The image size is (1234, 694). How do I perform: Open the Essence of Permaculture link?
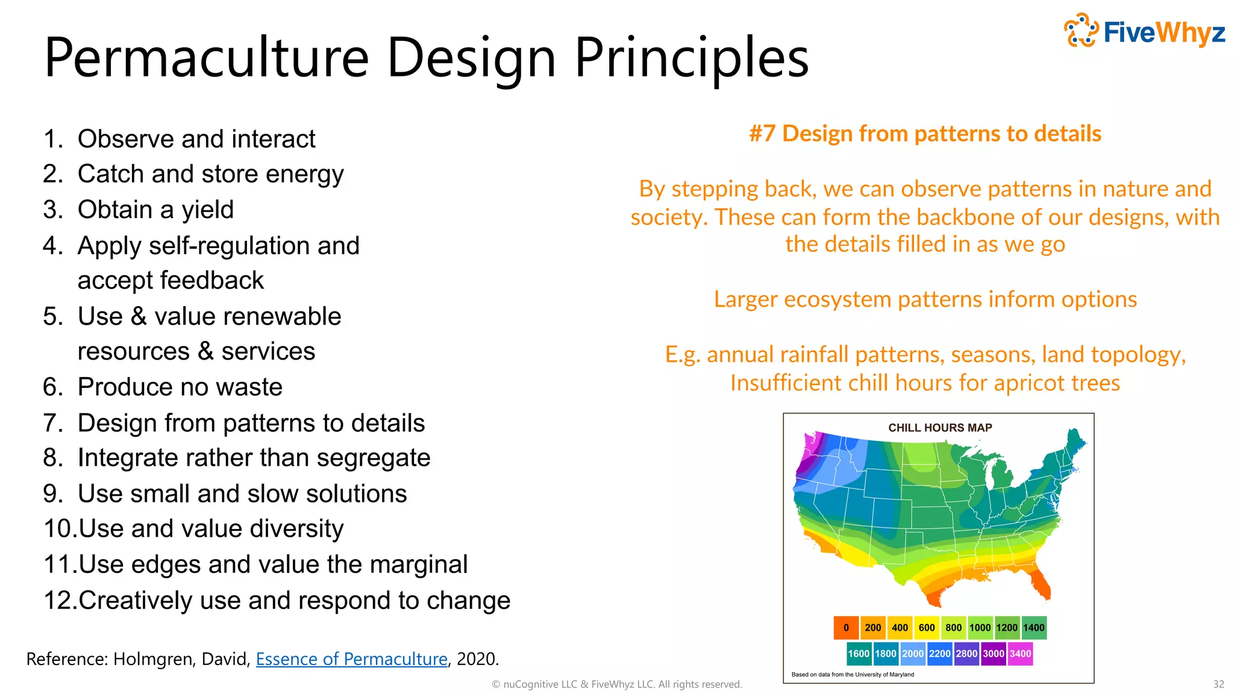[x=351, y=659]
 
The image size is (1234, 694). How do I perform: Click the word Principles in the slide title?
[x=691, y=58]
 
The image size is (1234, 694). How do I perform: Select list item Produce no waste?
[x=180, y=387]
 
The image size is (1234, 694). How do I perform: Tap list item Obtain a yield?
[x=155, y=210]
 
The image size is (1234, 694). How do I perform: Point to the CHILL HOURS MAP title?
[x=939, y=428]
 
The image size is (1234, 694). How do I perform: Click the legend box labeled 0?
[x=846, y=628]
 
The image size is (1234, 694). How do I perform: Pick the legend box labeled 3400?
[x=1020, y=654]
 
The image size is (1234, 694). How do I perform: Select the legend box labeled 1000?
[x=980, y=628]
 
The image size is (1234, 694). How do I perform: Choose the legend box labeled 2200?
[x=939, y=654]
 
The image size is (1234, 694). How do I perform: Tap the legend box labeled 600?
[x=926, y=628]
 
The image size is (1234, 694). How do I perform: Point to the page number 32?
[x=1218, y=684]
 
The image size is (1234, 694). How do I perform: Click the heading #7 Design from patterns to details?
[x=925, y=134]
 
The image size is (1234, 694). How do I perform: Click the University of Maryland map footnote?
[x=852, y=675]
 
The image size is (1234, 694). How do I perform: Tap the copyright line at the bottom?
[x=617, y=684]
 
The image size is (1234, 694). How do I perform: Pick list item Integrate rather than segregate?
[x=254, y=458]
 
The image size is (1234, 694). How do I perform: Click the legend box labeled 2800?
[x=966, y=654]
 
